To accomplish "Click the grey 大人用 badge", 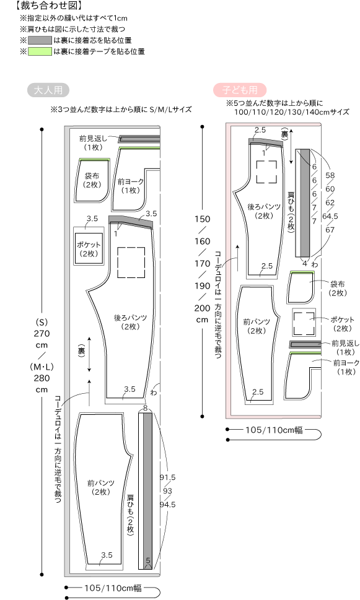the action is [48, 90].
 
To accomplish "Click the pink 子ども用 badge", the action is [240, 90].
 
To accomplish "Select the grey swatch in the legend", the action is [40, 40].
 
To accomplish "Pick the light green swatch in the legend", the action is [40, 51].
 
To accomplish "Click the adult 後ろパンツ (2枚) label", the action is [131, 322].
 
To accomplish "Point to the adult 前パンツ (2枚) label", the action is [101, 487].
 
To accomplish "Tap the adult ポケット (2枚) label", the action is [89, 249].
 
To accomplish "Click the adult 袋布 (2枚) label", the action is [92, 180].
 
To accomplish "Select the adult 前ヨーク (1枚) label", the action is [131, 186].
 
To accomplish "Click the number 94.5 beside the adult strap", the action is [168, 505].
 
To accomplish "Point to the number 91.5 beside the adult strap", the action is [168, 477].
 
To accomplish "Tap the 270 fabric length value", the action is [42, 333].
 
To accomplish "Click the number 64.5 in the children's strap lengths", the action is [330, 216].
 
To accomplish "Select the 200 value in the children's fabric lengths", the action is [202, 308].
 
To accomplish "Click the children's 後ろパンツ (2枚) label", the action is [264, 211].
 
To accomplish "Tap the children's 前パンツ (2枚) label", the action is [257, 326].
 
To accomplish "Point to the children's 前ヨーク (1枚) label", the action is [346, 367].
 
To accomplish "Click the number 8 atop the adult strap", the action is [146, 408].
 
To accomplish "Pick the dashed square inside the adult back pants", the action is [131, 262].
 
